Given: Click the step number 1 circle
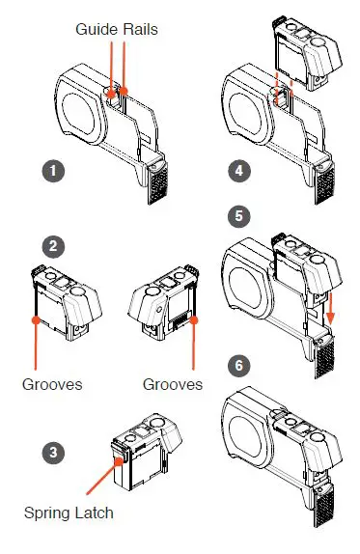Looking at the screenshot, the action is pos(53,171).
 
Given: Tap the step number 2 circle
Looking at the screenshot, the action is pos(53,246).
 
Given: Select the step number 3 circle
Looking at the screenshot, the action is pos(53,453).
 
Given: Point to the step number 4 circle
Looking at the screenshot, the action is pos(239,171).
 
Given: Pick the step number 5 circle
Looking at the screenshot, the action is pos(239,216).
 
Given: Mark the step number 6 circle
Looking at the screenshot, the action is pos(239,366).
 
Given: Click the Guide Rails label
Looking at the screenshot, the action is pos(117,29).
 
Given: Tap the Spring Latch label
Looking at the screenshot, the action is pos(69,513).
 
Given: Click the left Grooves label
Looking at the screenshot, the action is pos(52,384).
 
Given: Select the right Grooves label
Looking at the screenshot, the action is pos(173,384).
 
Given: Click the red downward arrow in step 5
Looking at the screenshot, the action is pos(330,308).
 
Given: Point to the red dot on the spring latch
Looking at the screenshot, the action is pos(119,460).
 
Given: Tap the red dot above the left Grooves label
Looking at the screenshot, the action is pos(36,319).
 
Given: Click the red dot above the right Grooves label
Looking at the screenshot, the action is pos(194,319).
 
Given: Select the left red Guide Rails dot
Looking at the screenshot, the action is pos(111,94).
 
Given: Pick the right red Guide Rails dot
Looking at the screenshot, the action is pos(124,92).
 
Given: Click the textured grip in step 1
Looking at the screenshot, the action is pos(157,183).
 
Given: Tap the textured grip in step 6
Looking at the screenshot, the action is pos(324,508).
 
